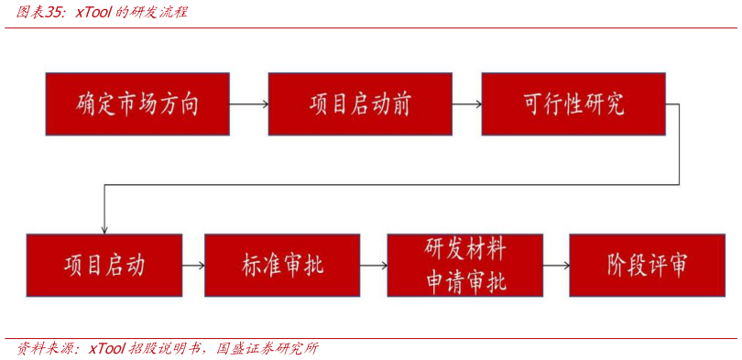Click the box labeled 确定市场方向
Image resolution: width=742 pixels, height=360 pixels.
[x=137, y=104]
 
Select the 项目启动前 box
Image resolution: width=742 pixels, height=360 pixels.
[x=360, y=104]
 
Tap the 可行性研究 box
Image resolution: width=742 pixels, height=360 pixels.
[x=573, y=104]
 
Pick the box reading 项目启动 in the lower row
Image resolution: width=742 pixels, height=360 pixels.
[x=104, y=266]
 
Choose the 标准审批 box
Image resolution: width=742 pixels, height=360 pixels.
[x=282, y=266]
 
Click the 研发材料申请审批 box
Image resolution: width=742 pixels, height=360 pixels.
[x=464, y=266]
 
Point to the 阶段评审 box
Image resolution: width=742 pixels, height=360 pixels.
[x=647, y=266]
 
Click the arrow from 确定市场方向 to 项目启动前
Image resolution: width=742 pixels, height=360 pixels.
[x=248, y=104]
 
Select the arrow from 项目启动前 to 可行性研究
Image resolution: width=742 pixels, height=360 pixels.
[x=467, y=104]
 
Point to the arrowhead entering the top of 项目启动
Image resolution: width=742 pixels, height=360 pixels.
[x=104, y=228]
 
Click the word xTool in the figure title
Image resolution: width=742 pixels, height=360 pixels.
[x=93, y=13]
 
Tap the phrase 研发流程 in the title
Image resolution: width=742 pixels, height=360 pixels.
[x=161, y=13]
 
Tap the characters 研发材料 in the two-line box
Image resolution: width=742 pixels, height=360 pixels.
[x=464, y=249]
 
